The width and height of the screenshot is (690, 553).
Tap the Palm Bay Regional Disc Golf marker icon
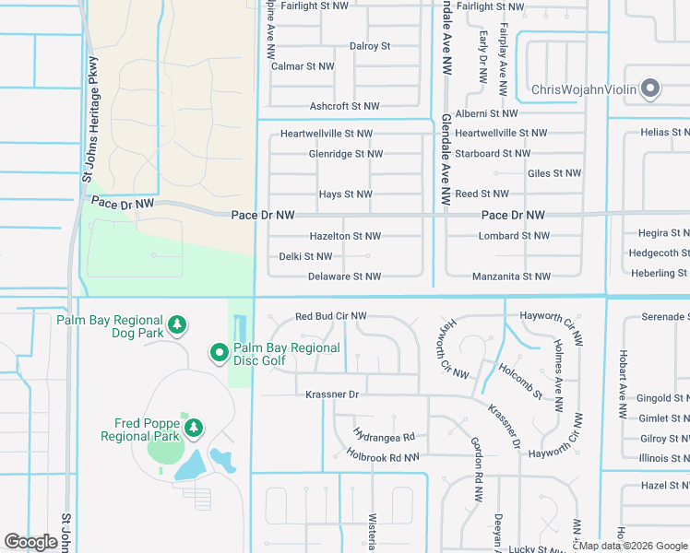pos(220,353)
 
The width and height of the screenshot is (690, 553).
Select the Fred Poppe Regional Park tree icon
pos(193,427)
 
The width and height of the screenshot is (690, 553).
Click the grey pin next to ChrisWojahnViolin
pos(650,89)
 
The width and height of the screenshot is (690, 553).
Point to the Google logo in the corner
pos(30,542)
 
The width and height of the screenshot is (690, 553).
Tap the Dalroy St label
pos(370,46)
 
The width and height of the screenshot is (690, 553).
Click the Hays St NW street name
pos(345,194)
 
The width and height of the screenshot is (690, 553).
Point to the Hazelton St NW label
pos(345,237)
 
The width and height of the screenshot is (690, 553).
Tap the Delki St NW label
pos(305,256)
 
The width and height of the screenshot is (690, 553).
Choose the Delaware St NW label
pos(344,276)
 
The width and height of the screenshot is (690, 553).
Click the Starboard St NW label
pos(493,153)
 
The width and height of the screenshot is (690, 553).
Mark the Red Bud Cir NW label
pos(330,316)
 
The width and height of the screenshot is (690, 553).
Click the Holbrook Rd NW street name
pos(383,456)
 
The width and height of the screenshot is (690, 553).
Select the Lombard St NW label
pos(514,236)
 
